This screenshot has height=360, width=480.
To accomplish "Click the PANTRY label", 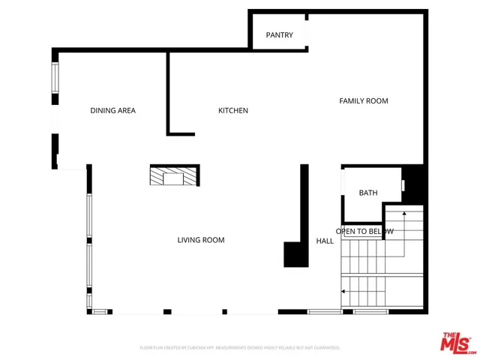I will coord(279,35).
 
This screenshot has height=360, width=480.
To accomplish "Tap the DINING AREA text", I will coord(112,111).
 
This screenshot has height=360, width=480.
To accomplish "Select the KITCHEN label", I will coord(232,111).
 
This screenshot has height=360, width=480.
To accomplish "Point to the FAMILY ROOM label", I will coord(364,100).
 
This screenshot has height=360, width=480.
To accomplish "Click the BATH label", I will coord(367,193).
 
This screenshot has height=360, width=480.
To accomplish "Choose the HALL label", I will coord(325,241).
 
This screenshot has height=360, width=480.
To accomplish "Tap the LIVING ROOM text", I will coord(201,240).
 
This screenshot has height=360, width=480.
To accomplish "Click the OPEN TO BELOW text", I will coord(364,232).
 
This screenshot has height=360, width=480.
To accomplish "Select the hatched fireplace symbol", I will coord(174,176).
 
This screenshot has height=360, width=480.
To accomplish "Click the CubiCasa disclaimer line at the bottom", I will coord(240,348).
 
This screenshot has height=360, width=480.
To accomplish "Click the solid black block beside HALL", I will coord(295,254).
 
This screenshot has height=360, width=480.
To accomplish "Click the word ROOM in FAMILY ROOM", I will coord(376,100).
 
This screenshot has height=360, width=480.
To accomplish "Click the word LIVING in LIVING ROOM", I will coord(190,240).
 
